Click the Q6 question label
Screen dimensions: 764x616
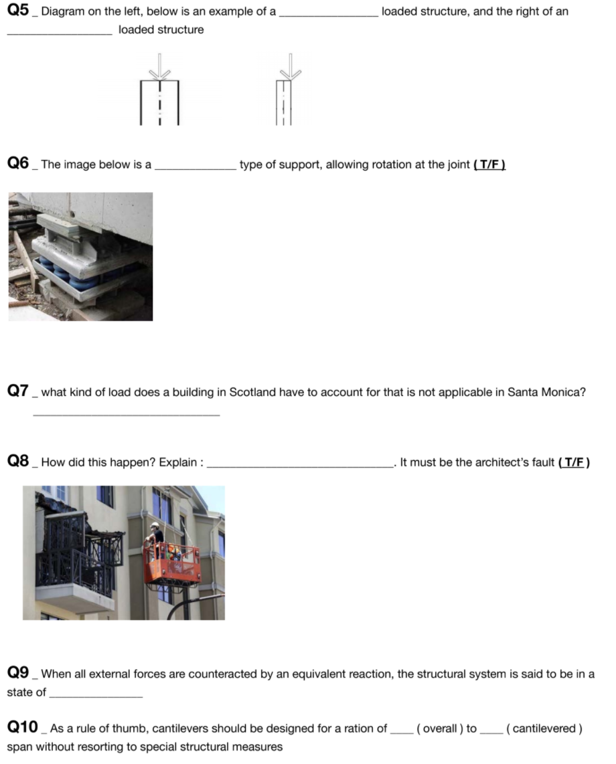[x=18, y=164]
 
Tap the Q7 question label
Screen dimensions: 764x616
[x=18, y=391]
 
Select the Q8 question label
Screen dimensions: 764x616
[x=18, y=462]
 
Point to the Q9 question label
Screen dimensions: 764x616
[x=18, y=674]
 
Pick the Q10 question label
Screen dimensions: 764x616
[x=22, y=728]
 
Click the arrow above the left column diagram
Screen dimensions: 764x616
[x=159, y=65]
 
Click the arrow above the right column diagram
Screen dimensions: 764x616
[x=289, y=65]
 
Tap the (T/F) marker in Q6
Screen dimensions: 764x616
[x=489, y=165]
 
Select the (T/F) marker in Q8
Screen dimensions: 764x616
[x=573, y=462]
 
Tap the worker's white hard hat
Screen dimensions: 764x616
[x=155, y=526]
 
